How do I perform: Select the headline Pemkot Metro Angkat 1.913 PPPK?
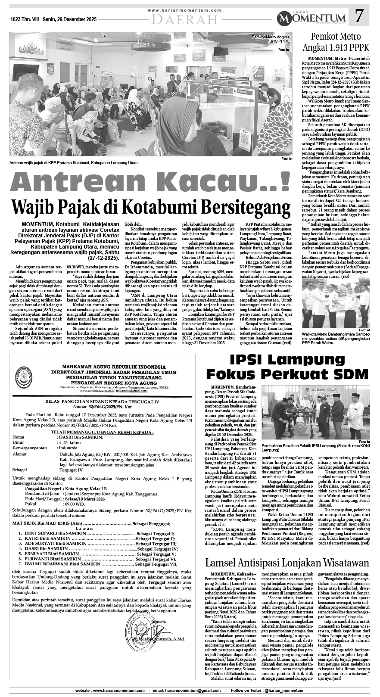tap(335, 41)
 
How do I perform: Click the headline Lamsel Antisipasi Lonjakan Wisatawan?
tap(287, 562)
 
